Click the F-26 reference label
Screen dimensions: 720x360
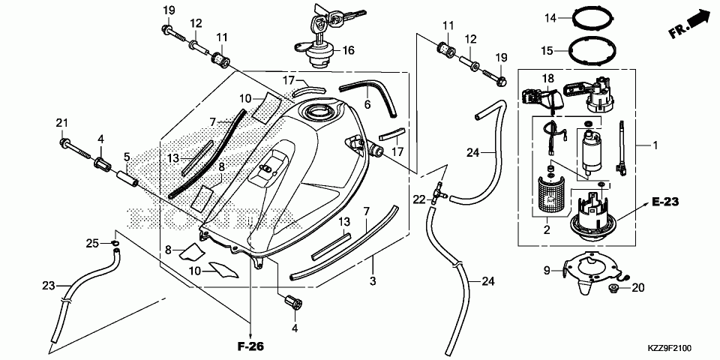[251, 346]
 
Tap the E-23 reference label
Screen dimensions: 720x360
[665, 201]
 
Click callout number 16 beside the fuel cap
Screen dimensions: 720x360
[348, 50]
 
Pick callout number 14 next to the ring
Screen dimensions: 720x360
[550, 18]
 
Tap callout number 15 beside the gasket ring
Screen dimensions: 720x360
[547, 50]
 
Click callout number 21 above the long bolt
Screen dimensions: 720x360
[62, 122]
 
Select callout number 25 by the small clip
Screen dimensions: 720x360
[93, 243]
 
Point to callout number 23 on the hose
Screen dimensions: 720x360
[48, 286]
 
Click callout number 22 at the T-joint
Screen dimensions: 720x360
[419, 199]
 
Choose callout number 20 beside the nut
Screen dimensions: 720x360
[638, 288]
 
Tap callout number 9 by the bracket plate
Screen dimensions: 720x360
[547, 271]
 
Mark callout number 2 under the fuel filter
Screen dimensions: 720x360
[547, 230]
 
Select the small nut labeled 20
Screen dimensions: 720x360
[612, 288]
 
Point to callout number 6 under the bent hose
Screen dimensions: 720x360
[367, 105]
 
